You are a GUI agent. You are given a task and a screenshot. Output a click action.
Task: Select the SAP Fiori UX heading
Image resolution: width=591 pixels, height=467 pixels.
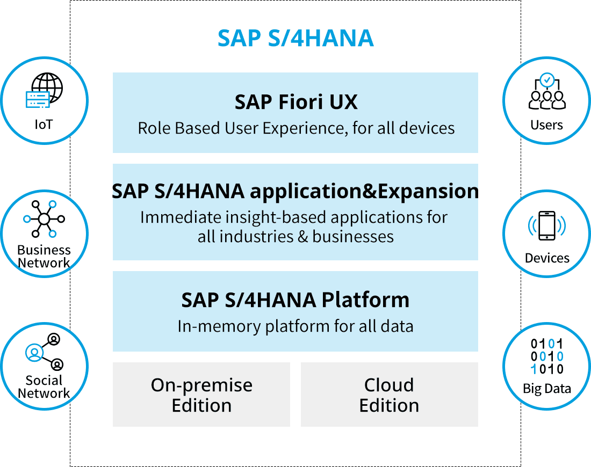point(295,102)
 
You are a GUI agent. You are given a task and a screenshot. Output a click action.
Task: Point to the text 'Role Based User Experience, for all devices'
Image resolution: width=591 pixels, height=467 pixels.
point(295,128)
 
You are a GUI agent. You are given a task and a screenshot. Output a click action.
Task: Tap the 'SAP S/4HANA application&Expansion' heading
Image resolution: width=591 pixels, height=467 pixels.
point(295,191)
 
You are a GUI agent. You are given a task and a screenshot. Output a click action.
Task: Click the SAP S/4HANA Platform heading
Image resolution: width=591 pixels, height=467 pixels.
point(295,300)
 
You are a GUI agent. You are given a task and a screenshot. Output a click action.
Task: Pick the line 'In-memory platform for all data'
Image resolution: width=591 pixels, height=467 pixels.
point(295,326)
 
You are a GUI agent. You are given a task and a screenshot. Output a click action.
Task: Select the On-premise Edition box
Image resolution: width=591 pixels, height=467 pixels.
point(201,395)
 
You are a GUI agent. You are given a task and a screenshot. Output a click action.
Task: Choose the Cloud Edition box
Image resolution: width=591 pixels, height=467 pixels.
point(389,395)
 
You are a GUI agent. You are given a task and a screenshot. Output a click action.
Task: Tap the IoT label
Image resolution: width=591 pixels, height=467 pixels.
point(44,125)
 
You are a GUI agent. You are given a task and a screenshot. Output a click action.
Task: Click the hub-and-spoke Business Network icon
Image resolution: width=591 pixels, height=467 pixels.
point(44,219)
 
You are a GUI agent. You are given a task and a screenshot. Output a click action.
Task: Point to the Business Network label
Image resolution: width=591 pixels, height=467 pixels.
point(44,257)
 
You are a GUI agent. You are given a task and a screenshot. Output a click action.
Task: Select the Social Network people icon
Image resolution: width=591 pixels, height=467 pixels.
point(44,352)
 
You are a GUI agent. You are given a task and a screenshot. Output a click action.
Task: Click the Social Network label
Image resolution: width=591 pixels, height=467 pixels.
point(44,387)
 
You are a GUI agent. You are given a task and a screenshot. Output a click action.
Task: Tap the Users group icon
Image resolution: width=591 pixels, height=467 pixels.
point(547,91)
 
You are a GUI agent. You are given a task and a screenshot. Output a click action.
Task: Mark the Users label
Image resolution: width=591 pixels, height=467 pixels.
point(547,125)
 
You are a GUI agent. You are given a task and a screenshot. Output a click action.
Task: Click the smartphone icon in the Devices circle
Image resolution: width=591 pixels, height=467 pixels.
point(547,225)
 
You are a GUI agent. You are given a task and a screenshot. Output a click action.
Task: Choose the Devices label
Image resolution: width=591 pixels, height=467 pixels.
point(547,258)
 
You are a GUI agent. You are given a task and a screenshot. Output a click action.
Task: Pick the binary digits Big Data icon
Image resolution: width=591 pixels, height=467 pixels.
point(547,356)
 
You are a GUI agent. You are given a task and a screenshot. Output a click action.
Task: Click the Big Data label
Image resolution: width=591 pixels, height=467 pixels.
point(547,389)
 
